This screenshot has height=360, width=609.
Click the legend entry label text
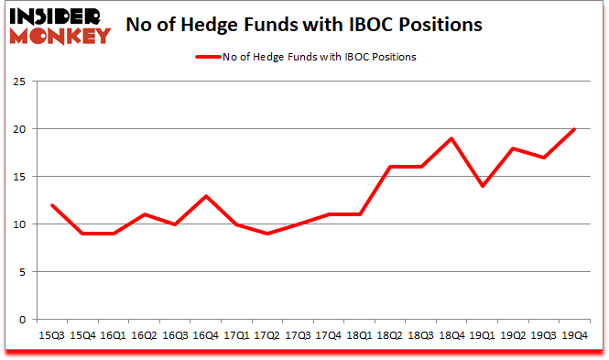319,57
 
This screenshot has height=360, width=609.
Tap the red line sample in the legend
208,57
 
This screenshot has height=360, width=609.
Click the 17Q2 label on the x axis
266,335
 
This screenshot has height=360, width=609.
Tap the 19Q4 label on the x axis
573,335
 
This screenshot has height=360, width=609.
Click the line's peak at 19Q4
574,129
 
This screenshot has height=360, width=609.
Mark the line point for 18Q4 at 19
452,138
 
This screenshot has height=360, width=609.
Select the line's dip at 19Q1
483,186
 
